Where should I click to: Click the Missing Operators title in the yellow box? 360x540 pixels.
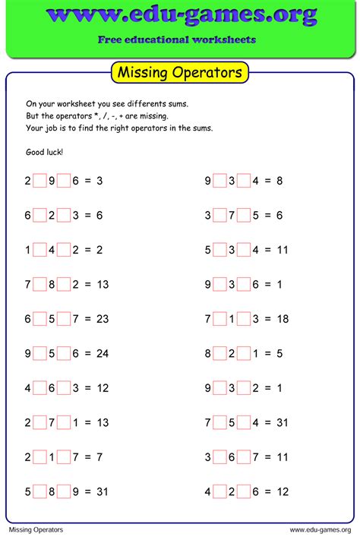click(180, 73)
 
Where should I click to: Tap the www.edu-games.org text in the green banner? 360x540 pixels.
click(180, 15)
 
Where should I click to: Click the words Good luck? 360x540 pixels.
click(45, 152)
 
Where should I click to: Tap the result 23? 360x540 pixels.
click(102, 319)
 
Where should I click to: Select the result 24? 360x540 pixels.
click(102, 353)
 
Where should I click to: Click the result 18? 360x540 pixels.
click(282, 319)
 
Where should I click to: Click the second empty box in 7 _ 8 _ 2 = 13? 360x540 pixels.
click(64, 284)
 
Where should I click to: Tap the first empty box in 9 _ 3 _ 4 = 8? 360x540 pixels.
click(219, 181)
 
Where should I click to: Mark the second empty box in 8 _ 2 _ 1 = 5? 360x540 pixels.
click(244, 353)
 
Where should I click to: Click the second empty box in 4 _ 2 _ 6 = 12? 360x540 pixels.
click(244, 491)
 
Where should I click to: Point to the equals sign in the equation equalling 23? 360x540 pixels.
click(87, 319)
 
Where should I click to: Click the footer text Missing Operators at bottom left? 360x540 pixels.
click(36, 529)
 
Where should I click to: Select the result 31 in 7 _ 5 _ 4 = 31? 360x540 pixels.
click(282, 422)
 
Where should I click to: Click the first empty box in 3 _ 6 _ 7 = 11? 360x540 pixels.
click(219, 457)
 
